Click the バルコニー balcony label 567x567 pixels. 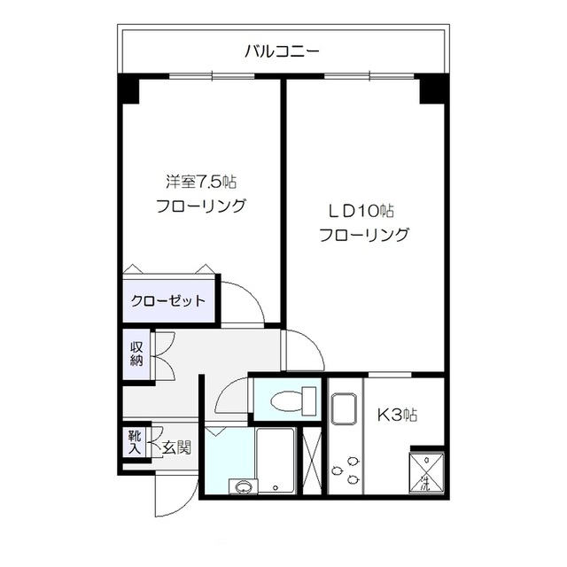282,51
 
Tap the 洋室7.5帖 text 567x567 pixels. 201,183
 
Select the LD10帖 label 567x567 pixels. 362,211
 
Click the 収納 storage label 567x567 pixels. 137,353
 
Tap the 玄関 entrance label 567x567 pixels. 176,447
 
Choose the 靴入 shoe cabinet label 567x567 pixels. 133,441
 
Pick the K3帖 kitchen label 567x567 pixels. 400,415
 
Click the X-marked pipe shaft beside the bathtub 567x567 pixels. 312,460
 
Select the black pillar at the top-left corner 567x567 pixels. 128,89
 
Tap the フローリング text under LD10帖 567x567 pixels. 363,236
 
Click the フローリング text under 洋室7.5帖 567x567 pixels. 201,207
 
